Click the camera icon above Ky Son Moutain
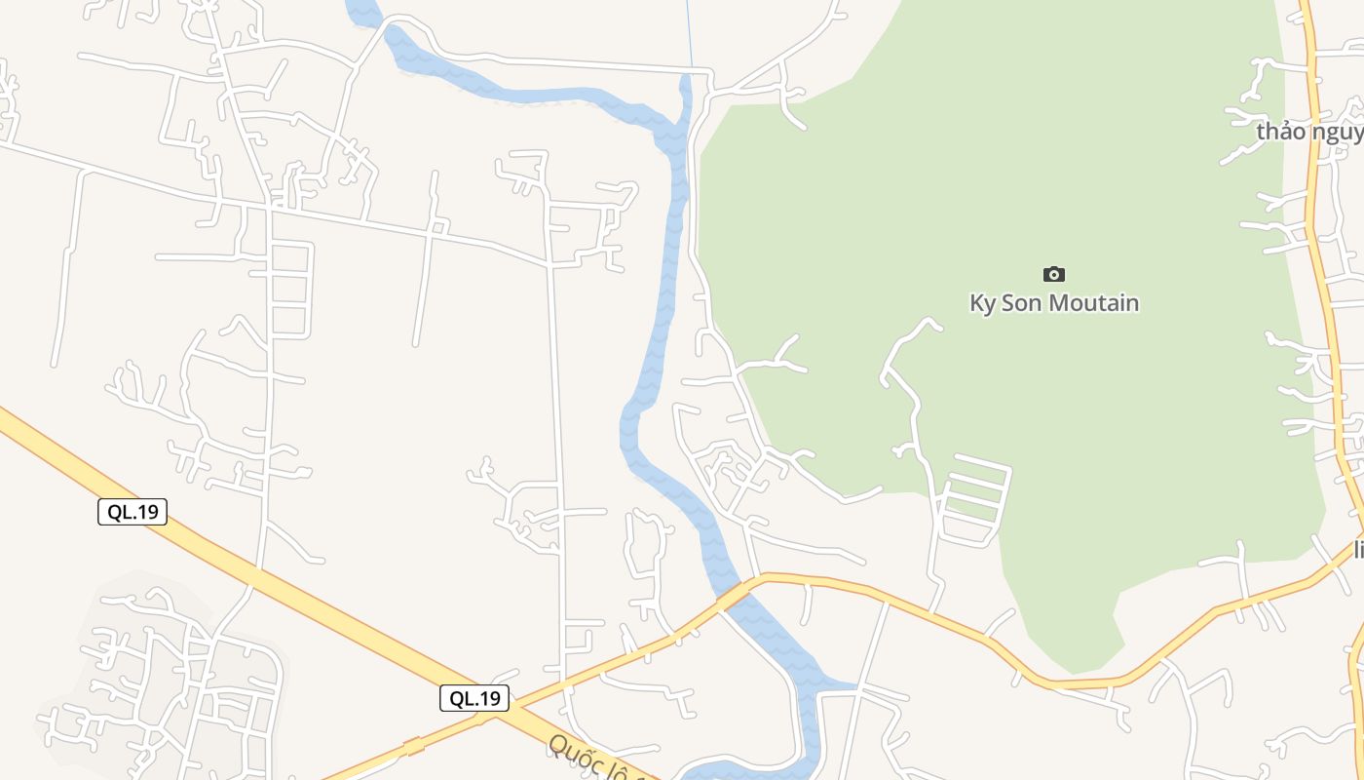[1053, 275]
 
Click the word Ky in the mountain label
[982, 303]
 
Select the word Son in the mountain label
[1023, 303]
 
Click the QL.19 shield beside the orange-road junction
[474, 698]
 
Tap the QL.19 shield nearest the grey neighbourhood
[133, 512]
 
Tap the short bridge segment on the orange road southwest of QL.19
[415, 747]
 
